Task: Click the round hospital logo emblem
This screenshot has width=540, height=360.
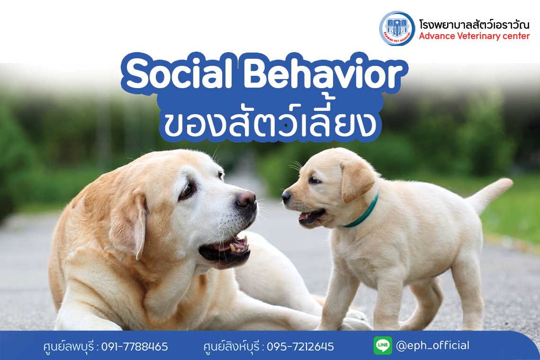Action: (397, 28)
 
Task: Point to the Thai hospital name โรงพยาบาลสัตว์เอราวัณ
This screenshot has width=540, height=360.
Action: (474, 24)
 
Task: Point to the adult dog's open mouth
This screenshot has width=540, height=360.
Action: (227, 248)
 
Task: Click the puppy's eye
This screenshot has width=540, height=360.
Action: (314, 180)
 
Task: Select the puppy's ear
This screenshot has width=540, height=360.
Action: (356, 180)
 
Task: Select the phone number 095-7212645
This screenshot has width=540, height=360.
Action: (300, 347)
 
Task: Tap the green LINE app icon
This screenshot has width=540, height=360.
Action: (383, 345)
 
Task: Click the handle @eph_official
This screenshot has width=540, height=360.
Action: (432, 345)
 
